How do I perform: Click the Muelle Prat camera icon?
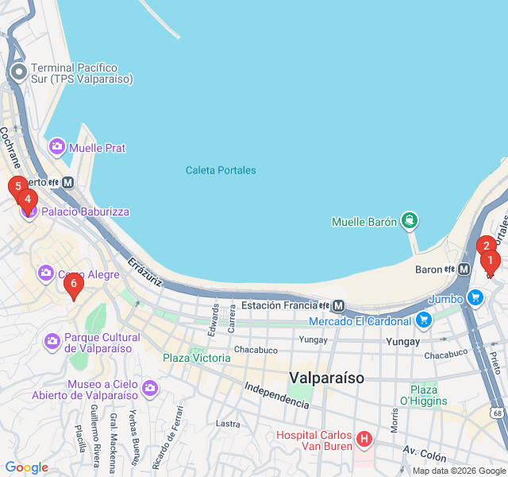point(56,146)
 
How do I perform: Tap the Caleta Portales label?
point(221,170)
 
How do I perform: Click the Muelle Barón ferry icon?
point(409,220)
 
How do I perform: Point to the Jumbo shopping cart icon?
point(475,298)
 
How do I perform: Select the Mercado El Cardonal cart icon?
point(424,320)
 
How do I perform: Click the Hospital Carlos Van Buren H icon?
point(364,439)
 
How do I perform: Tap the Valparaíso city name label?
point(327,378)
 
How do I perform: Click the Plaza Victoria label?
point(197,358)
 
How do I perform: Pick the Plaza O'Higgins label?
point(429,395)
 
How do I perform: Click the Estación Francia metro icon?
point(339,305)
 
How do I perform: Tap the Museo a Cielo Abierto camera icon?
point(151,389)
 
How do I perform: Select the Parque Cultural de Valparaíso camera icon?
point(52,342)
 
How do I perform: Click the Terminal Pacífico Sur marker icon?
point(19,72)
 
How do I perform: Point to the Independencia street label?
point(276,396)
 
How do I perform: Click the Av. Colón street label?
point(425,454)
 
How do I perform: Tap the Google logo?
point(27,467)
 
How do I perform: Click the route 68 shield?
point(498,413)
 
